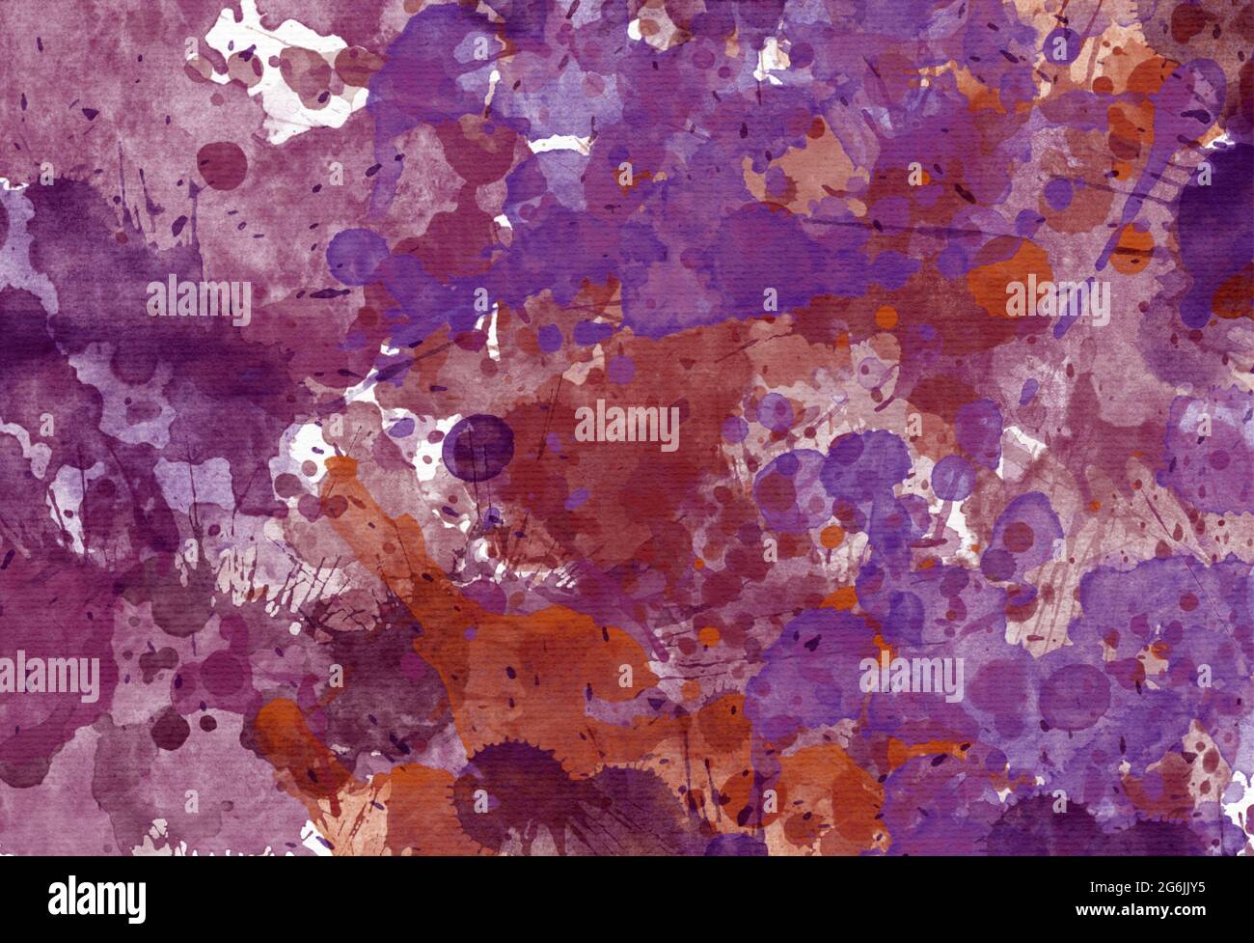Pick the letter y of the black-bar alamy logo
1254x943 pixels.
[137, 901]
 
